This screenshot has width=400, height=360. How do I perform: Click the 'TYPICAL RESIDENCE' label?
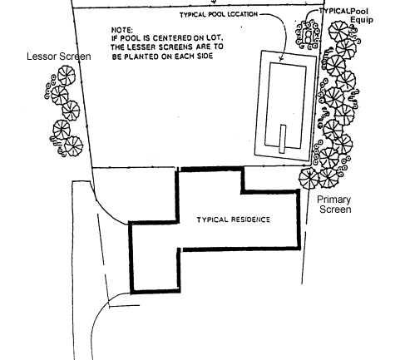click(x=233, y=219)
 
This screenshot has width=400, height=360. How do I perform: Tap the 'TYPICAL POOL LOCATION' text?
click(x=219, y=15)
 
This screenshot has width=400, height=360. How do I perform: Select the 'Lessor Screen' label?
click(x=59, y=57)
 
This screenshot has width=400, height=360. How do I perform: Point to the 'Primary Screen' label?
click(x=334, y=205)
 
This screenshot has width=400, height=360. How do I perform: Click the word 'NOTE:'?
click(x=122, y=30)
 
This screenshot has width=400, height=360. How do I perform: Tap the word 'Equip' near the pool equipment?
click(x=362, y=20)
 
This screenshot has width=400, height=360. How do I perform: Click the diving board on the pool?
click(x=283, y=139)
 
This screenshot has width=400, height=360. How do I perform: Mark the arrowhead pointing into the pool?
click(x=281, y=58)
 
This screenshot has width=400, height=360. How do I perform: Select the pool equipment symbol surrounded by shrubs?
click(x=308, y=36)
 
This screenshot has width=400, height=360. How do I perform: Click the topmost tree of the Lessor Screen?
click(x=67, y=76)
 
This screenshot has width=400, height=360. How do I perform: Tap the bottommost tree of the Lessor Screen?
click(x=73, y=146)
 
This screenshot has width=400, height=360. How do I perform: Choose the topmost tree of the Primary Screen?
click(x=338, y=32)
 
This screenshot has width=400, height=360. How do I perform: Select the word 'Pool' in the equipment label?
click(x=359, y=12)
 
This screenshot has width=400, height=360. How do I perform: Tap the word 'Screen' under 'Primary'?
click(x=335, y=210)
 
